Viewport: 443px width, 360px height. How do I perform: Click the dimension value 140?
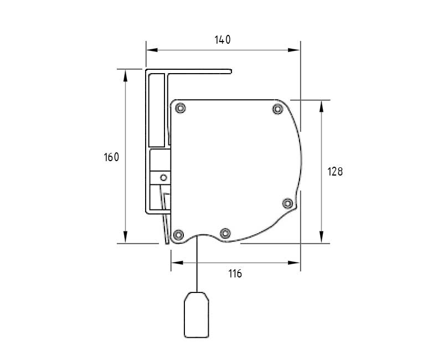pyautogui.click(x=223, y=40)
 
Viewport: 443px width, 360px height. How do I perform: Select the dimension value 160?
pyautogui.click(x=112, y=157)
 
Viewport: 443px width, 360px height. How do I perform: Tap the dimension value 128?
pyautogui.click(x=335, y=172)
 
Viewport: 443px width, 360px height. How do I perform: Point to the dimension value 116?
pyautogui.click(x=235, y=274)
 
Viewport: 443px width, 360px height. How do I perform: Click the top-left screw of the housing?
pyautogui.click(x=181, y=108)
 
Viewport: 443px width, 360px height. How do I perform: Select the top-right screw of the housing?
pyautogui.click(x=278, y=109)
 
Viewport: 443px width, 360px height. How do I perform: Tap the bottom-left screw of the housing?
pyautogui.click(x=178, y=234)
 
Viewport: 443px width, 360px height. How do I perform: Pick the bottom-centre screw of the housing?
pyautogui.click(x=225, y=233)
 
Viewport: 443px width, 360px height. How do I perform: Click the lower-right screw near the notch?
pyautogui.click(x=287, y=203)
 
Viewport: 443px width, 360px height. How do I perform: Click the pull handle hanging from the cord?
pyautogui.click(x=197, y=315)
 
